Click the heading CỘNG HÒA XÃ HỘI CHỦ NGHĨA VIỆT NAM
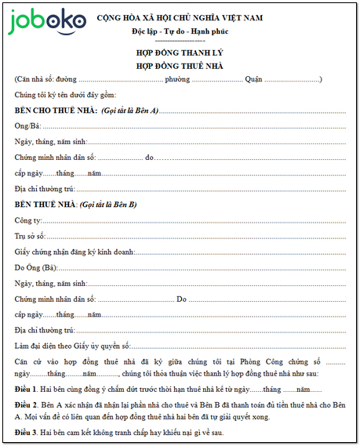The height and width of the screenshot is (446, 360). click(180, 17)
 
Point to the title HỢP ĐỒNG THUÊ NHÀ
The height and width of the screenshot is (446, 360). click(180, 66)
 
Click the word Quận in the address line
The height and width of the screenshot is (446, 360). click(253, 80)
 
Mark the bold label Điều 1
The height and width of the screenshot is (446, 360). click(26, 389)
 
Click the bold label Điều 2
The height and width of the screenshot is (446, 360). click(26, 404)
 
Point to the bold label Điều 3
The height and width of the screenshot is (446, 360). click(26, 432)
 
